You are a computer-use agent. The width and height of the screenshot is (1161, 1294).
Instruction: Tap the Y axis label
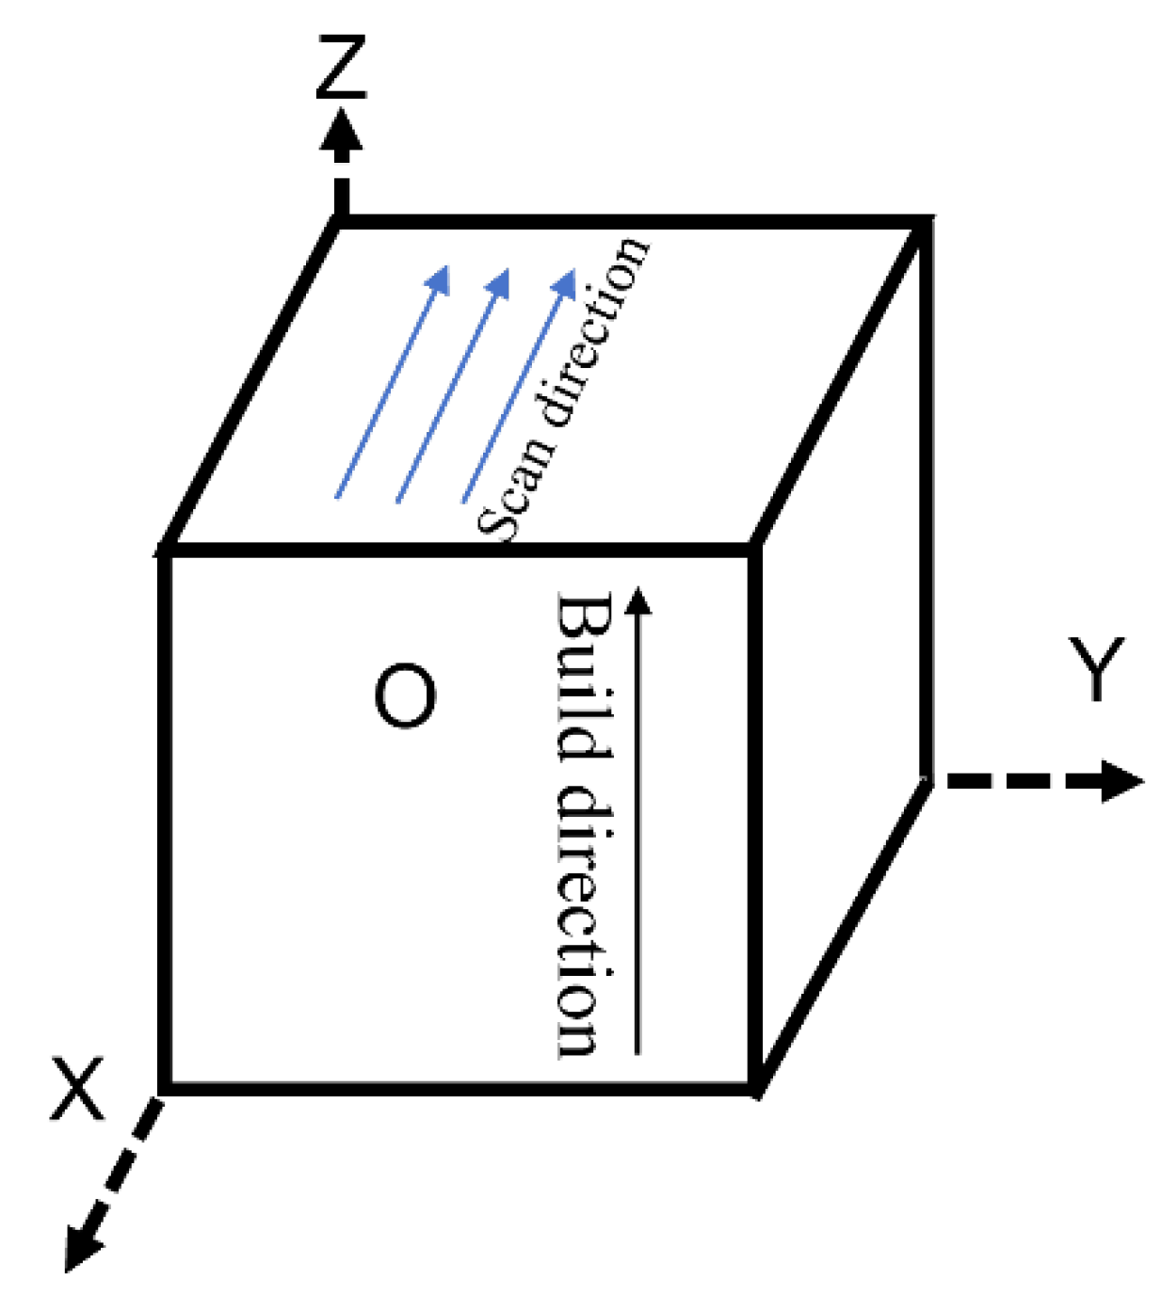coord(1096,668)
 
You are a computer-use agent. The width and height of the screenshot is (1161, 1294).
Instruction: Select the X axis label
coord(77,1089)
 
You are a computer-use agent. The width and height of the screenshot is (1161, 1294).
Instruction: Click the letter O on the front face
coord(405,696)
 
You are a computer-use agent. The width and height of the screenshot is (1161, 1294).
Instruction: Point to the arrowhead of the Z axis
coord(340,132)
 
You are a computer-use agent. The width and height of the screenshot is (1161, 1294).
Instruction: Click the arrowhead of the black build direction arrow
coord(638,600)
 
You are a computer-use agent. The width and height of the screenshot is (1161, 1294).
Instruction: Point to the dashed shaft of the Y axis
coord(1017,781)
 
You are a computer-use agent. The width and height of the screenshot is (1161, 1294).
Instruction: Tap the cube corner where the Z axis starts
coord(340,222)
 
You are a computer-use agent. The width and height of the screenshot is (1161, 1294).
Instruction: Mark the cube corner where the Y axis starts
coord(927,779)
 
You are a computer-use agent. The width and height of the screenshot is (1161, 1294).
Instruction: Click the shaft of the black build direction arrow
coord(637,828)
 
